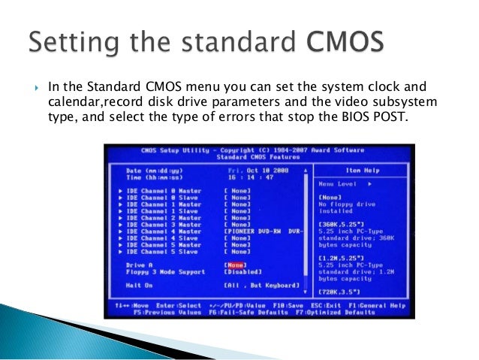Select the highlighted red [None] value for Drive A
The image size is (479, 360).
(x=234, y=265)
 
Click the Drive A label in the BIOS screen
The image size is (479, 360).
(x=140, y=265)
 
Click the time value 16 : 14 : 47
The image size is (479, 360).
(x=247, y=177)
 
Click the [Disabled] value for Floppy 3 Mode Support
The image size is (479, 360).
(x=242, y=272)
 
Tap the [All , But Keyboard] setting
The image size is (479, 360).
(x=260, y=286)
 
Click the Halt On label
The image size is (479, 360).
(x=139, y=286)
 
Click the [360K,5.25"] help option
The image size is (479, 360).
(x=341, y=224)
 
